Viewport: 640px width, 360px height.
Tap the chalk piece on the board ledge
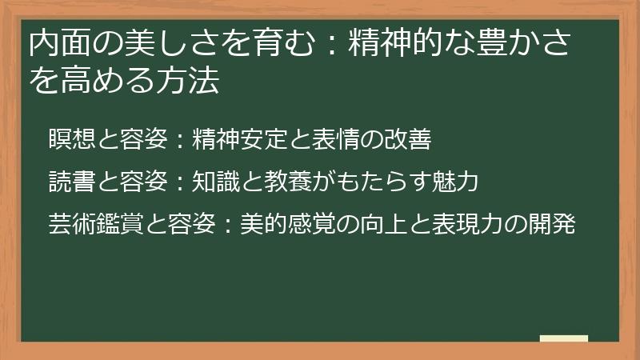click(x=563, y=338)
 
